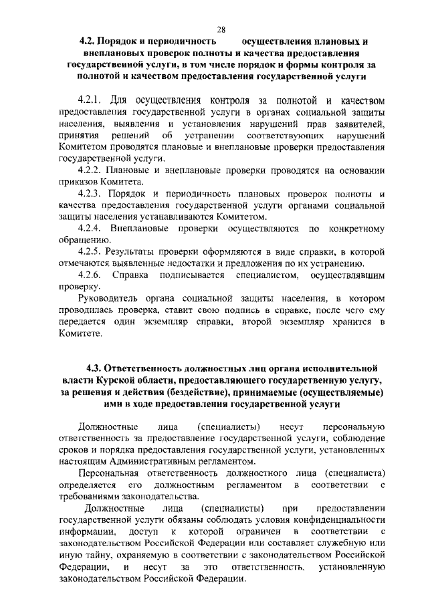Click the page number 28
pos(221,29)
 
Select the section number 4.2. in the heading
pos(88,41)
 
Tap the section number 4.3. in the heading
pos(96,368)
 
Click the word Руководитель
pos(110,299)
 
